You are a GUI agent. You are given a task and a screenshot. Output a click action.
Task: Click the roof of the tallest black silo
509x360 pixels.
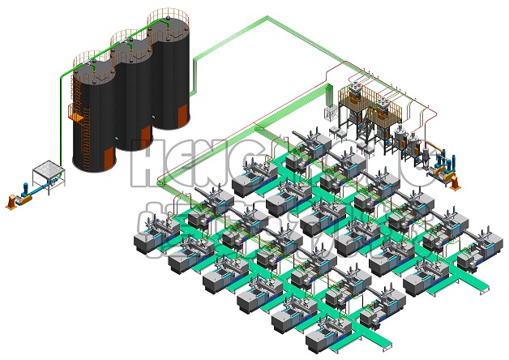[x=169, y=18]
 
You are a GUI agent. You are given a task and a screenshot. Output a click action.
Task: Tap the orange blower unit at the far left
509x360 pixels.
[x=11, y=202]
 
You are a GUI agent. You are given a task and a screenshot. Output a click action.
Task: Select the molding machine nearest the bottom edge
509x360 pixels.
[x=324, y=336]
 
